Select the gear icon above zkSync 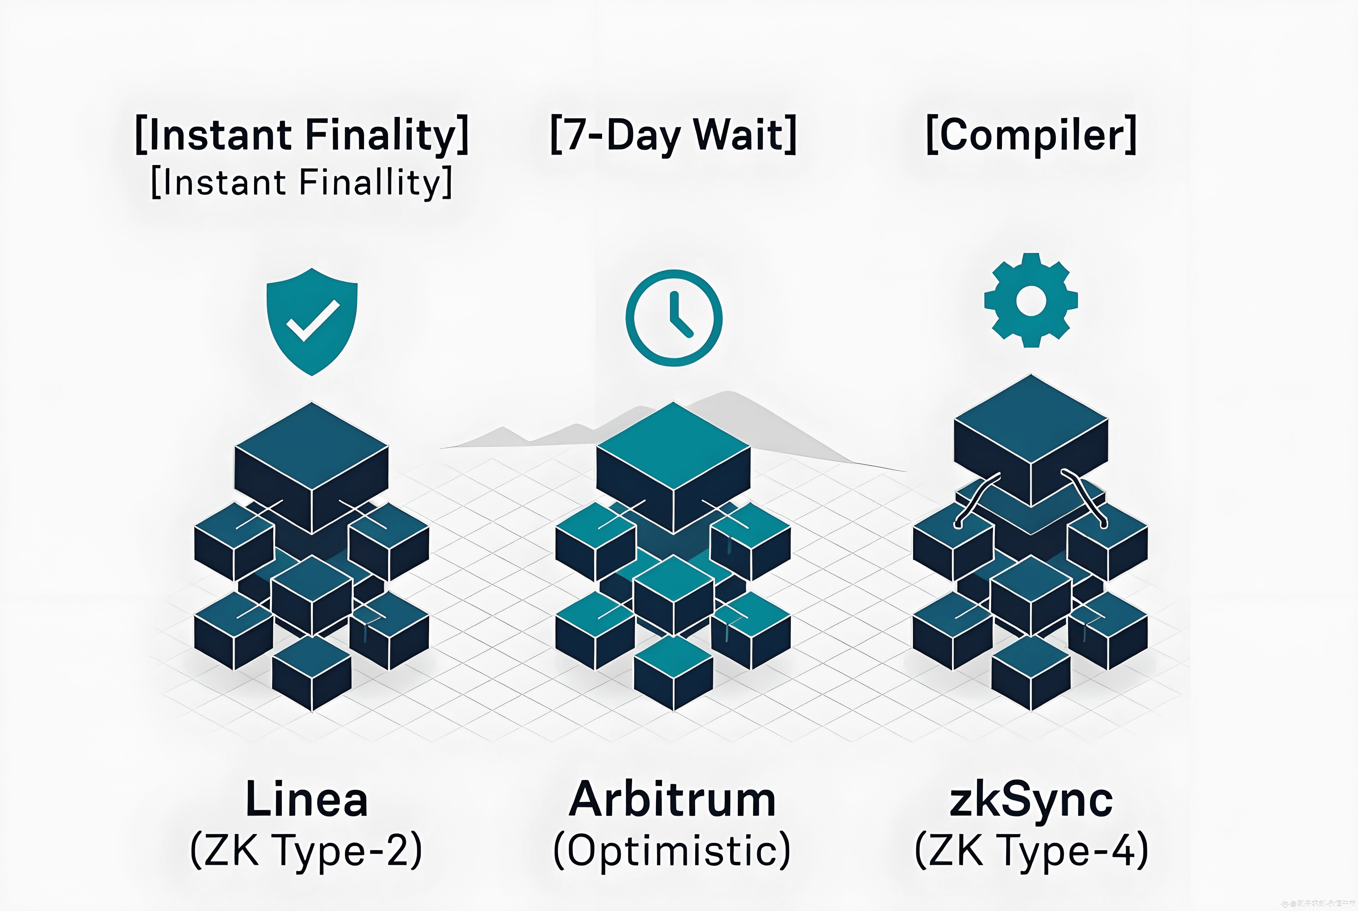pyautogui.click(x=1031, y=300)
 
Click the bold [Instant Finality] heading pyautogui.click(x=302, y=135)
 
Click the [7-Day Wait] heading pyautogui.click(x=673, y=135)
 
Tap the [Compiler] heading pyautogui.click(x=1031, y=135)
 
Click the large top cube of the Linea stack pyautogui.click(x=312, y=465)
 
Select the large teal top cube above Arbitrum pyautogui.click(x=673, y=465)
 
